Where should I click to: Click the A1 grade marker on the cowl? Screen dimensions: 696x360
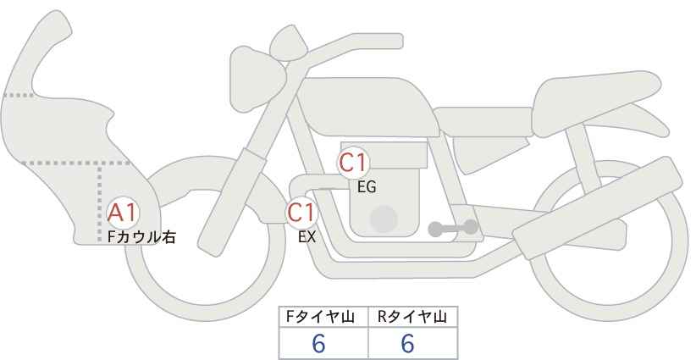tap(123, 213)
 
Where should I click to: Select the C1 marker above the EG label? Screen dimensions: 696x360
tap(353, 163)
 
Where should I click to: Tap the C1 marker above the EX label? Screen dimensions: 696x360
tap(301, 213)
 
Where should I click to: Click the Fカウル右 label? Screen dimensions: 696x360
tap(141, 236)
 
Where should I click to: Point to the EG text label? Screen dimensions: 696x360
tap(367, 187)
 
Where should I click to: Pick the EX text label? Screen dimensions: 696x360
tap(307, 237)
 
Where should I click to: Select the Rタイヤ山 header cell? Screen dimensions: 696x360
tap(413, 317)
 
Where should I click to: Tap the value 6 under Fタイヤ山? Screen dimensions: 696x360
tap(318, 343)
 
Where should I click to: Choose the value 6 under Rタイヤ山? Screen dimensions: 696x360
tap(407, 343)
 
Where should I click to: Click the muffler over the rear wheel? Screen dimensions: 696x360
tap(598, 208)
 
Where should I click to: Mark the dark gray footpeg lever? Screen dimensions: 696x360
tap(453, 228)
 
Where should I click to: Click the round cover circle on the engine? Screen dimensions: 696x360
tap(384, 219)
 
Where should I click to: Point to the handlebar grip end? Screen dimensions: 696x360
tap(395, 42)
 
